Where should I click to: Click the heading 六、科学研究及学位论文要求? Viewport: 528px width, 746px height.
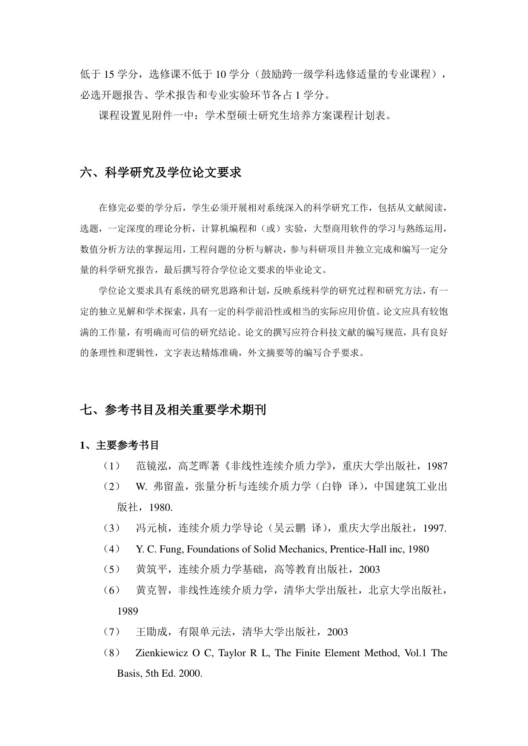coord(161,173)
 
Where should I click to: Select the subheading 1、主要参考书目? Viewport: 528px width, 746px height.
coord(120,445)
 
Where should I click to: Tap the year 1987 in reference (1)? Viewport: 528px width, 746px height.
coord(437,466)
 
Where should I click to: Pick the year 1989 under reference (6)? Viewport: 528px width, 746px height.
coord(128,611)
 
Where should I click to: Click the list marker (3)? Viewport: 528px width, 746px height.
coord(111,528)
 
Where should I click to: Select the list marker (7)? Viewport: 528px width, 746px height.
coord(111,632)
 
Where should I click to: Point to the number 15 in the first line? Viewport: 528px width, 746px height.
coord(108,74)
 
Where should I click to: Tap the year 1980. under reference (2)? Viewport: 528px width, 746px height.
coord(161,507)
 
